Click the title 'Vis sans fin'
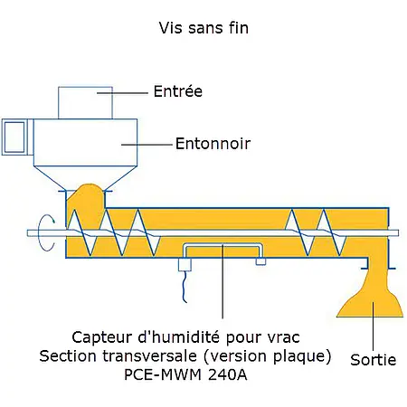pyautogui.click(x=203, y=28)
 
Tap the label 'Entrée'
pyautogui.click(x=177, y=91)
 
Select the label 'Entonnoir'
pyautogui.click(x=212, y=143)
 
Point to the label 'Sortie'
pyautogui.click(x=374, y=360)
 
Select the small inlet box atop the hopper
pyautogui.click(x=85, y=101)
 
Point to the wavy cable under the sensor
pyautogui.click(x=185, y=289)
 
